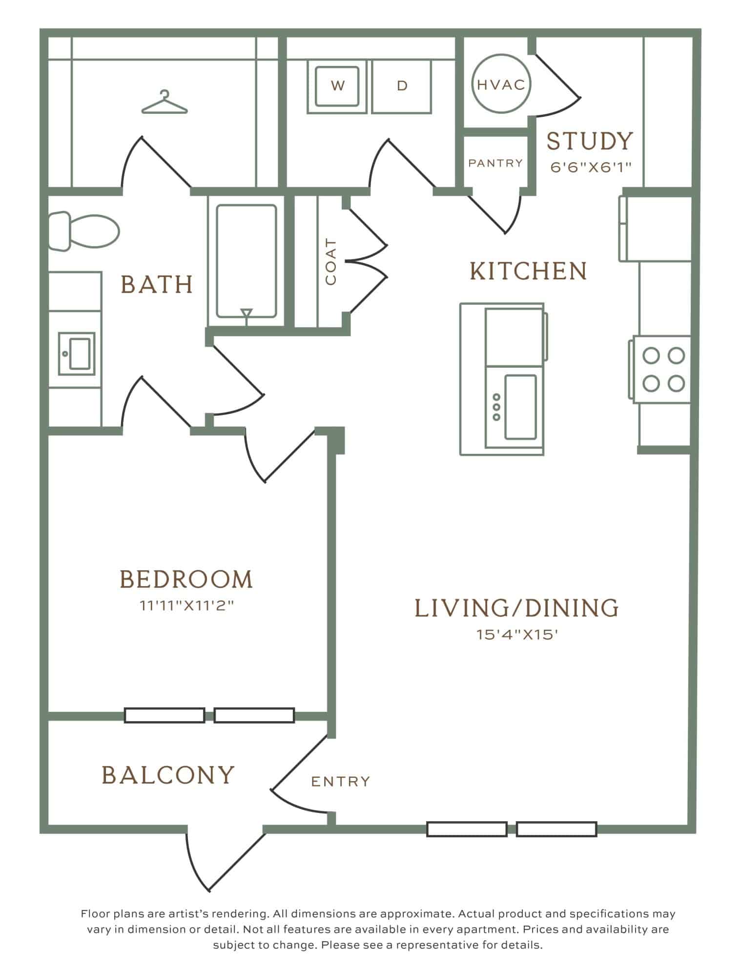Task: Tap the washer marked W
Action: (337, 86)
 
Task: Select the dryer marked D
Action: (402, 86)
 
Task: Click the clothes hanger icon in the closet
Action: (165, 102)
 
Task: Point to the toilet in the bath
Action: (83, 231)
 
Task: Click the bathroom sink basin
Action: (77, 354)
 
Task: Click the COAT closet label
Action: (330, 262)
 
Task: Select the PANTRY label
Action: (495, 163)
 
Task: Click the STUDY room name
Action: (589, 141)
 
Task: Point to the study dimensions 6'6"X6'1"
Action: (591, 168)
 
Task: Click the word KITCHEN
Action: (528, 271)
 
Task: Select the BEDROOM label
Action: (186, 579)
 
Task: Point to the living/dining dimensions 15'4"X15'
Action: (517, 635)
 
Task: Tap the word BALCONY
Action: (168, 775)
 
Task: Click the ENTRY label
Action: (341, 782)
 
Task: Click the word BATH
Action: (157, 284)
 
